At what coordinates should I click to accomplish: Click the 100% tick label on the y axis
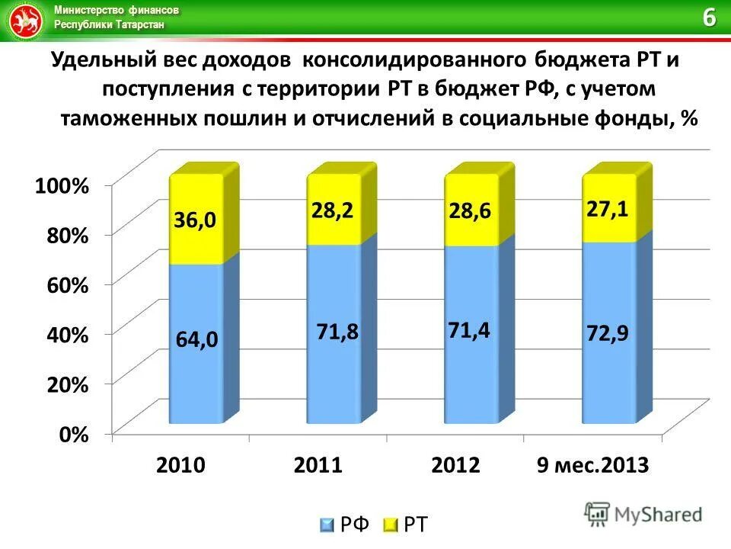point(61,185)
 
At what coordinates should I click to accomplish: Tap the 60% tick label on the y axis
point(66,284)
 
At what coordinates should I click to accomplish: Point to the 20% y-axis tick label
point(66,384)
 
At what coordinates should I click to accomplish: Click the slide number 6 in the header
point(709,18)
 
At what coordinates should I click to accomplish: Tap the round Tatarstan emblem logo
point(24,21)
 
